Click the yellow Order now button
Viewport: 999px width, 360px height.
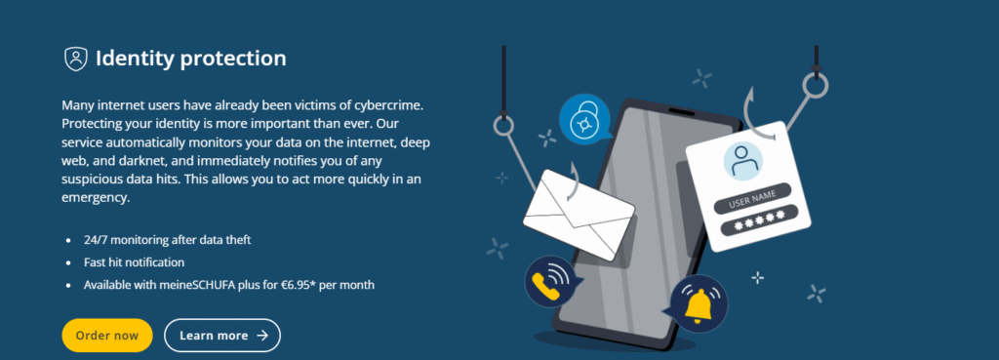click(107, 336)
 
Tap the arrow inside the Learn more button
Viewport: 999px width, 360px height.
click(262, 336)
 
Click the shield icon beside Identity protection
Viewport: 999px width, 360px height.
click(76, 59)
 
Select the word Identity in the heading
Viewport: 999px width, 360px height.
click(135, 59)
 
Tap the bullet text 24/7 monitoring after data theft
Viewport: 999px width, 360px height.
click(168, 240)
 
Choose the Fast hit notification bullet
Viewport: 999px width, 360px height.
click(134, 262)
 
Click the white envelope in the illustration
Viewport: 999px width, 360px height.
click(579, 214)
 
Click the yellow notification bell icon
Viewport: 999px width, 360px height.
click(699, 305)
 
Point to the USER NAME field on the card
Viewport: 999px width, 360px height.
click(752, 198)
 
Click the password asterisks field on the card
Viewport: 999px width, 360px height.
click(759, 222)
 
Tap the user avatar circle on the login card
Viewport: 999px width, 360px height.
click(743, 161)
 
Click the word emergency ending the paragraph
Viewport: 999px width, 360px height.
click(96, 197)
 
